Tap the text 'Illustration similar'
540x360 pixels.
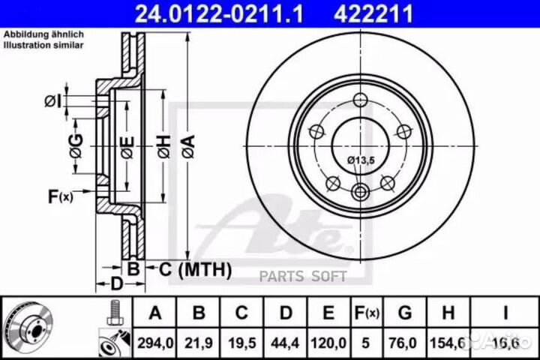[x=44, y=45]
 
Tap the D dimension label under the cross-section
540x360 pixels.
[x=116, y=283]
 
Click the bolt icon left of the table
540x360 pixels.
[x=115, y=310]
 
